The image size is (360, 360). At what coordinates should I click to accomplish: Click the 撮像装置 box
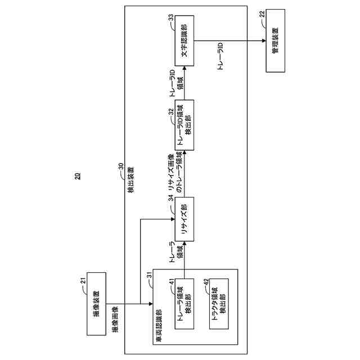(96, 304)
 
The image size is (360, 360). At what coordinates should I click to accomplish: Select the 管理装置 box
(276, 41)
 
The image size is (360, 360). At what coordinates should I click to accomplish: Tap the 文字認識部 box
(184, 41)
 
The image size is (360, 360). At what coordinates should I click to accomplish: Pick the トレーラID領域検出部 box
(184, 125)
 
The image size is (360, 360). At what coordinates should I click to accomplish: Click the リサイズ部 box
(184, 219)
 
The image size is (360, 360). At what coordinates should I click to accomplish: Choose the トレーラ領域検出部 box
(184, 304)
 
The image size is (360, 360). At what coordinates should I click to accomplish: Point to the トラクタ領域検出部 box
(219, 304)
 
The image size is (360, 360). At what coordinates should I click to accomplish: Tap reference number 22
(262, 14)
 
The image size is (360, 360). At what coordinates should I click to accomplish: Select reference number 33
(171, 18)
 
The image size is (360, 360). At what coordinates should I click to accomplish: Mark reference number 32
(171, 112)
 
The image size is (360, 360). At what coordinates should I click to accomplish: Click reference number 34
(171, 198)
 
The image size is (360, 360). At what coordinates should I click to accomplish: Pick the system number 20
(78, 176)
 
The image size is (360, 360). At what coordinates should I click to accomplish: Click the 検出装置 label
(131, 180)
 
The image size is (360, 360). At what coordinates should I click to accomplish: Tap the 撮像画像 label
(114, 319)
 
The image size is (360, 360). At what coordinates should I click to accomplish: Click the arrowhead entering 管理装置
(264, 41)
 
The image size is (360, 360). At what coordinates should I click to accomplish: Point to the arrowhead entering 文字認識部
(184, 68)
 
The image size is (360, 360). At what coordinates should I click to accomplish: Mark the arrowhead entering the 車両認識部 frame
(151, 304)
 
